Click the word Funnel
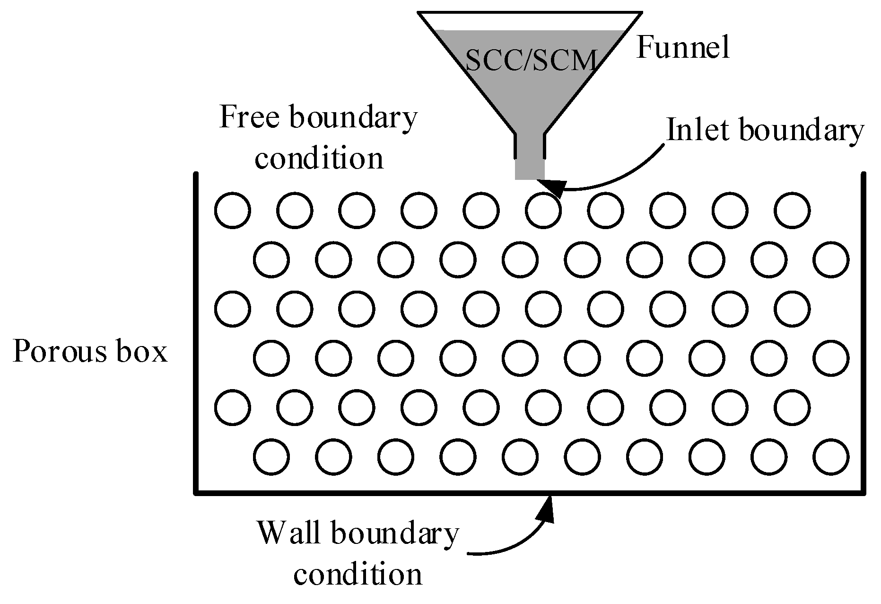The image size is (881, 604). coord(683,48)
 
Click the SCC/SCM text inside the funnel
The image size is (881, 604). coord(530,61)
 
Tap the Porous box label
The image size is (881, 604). coord(90,352)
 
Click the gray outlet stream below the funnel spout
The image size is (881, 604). coord(530,169)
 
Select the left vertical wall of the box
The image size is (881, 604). coord(196,331)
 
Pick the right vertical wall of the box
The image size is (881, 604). coord(863,331)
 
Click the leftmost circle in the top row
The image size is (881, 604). coord(233,210)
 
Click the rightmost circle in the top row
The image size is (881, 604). coord(793,210)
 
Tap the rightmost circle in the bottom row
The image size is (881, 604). coord(831,457)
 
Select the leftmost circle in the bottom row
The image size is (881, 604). coord(271,457)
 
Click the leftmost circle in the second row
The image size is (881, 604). coord(271,259)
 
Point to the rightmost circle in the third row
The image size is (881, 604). coord(793,309)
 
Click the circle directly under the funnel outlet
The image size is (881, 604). coord(543,210)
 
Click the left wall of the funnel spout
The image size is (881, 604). coord(516,146)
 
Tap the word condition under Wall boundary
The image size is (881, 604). coord(358,575)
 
